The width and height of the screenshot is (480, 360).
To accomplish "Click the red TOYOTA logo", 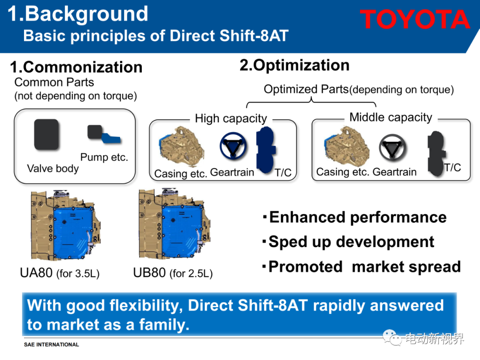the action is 415,19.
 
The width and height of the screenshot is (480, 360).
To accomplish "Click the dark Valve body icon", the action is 46,134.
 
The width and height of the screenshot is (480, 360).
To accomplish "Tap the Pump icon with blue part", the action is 104,134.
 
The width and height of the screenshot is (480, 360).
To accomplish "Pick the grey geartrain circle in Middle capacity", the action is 392,148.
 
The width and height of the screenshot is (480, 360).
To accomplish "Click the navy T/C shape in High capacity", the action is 266,150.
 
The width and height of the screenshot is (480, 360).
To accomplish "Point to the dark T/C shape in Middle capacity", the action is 436,153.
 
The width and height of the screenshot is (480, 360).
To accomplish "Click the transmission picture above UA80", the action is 65,225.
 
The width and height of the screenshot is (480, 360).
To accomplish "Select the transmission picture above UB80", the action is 175,224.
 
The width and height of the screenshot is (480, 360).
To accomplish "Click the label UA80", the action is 36,272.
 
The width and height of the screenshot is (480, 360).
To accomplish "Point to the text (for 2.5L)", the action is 191,273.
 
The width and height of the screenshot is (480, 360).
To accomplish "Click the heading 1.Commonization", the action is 76,67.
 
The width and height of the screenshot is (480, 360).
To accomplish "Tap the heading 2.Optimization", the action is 295,65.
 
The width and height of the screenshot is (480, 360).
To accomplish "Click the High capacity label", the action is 231,119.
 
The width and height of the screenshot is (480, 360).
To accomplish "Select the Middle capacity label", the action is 391,117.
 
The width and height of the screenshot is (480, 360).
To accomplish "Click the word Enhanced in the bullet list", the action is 308,217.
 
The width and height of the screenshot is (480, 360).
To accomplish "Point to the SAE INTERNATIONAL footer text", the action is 52,344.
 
